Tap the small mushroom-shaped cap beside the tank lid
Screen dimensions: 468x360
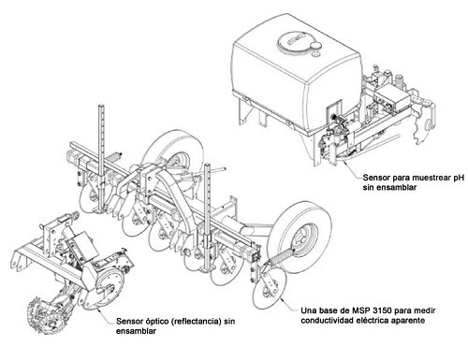pyautogui.click(x=316, y=49)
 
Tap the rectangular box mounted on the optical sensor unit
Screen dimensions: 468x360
pyautogui.click(x=80, y=247)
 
